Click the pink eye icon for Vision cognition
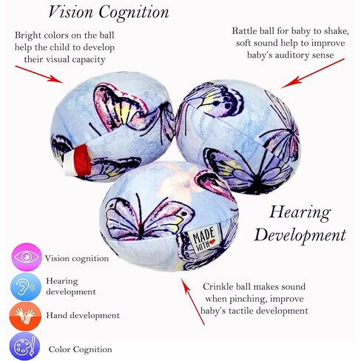27,257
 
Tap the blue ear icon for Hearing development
26,287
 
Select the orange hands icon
25,317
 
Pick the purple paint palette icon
25,346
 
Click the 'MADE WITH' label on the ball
203,239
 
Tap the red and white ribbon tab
76,161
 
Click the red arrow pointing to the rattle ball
313,73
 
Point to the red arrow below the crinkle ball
193,302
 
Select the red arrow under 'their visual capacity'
39,74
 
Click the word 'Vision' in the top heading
71,12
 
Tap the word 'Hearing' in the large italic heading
300,212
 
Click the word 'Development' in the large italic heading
300,235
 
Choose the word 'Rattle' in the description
245,31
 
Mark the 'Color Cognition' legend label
80,349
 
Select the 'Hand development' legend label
83,315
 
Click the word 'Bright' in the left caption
28,36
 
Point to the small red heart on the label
212,242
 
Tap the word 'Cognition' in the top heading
134,13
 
